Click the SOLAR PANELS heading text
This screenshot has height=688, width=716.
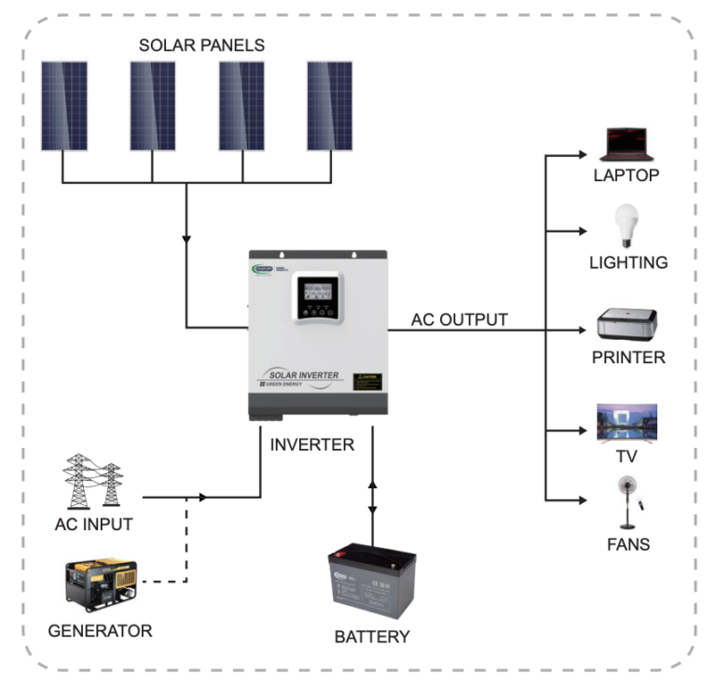tap(201, 45)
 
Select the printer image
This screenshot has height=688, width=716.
tap(627, 326)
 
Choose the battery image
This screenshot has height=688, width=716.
tap(371, 586)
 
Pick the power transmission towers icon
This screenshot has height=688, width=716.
tap(93, 482)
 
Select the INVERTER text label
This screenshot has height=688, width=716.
tap(312, 445)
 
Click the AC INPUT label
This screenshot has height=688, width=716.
tap(92, 525)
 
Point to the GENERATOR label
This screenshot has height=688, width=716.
tap(100, 631)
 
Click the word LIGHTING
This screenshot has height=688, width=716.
tap(627, 263)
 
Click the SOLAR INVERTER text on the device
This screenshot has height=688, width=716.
tap(298, 373)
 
